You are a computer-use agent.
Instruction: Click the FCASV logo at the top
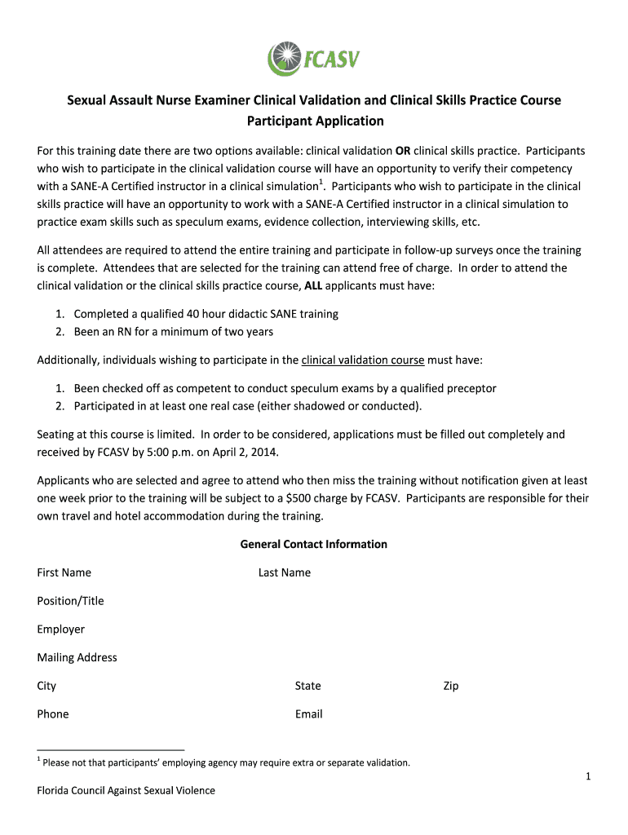coord(313,59)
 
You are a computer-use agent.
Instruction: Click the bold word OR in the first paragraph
coord(403,151)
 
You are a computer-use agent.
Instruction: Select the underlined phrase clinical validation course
coord(363,360)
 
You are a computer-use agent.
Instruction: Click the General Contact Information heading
coord(313,544)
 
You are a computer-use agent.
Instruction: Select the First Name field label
coord(64,572)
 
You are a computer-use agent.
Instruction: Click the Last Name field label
coord(285,572)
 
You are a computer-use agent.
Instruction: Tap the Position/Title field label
coord(70,601)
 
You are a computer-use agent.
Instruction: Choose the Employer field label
coord(60,630)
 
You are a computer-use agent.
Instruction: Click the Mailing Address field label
coord(77,658)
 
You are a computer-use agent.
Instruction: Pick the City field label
coord(46,687)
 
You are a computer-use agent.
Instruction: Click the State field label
coord(308,687)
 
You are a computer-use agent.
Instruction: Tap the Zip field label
coord(451,687)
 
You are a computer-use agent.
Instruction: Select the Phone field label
coord(52,714)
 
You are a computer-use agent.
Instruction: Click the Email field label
coord(309,714)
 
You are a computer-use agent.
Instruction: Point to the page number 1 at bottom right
coord(587,777)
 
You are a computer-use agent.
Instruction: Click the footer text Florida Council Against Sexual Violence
coord(126,791)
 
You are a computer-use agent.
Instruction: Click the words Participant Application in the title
coord(315,121)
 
